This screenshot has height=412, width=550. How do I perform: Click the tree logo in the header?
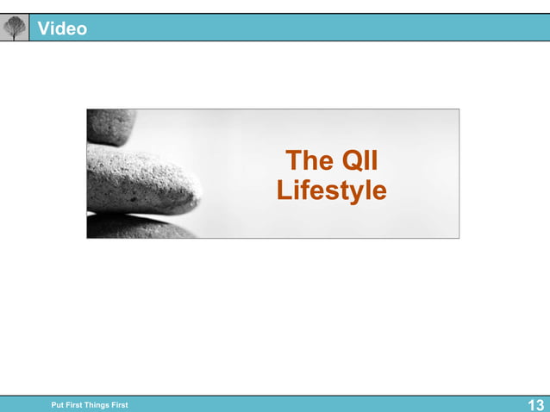(15, 28)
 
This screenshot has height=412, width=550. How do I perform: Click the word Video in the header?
(62, 28)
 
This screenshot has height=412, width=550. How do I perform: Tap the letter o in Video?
(81, 29)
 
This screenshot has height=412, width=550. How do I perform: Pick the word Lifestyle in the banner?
(332, 190)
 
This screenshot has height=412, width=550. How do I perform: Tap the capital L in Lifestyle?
(284, 190)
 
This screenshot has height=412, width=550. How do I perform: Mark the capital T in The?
(293, 161)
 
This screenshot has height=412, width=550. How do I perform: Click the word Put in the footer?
(58, 405)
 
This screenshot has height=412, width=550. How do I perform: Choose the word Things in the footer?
(97, 405)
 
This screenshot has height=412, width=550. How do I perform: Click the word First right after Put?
(76, 405)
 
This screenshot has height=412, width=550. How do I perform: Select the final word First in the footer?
(119, 405)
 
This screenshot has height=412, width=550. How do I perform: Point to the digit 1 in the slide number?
(530, 405)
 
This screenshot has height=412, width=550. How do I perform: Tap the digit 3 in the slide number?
(540, 405)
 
